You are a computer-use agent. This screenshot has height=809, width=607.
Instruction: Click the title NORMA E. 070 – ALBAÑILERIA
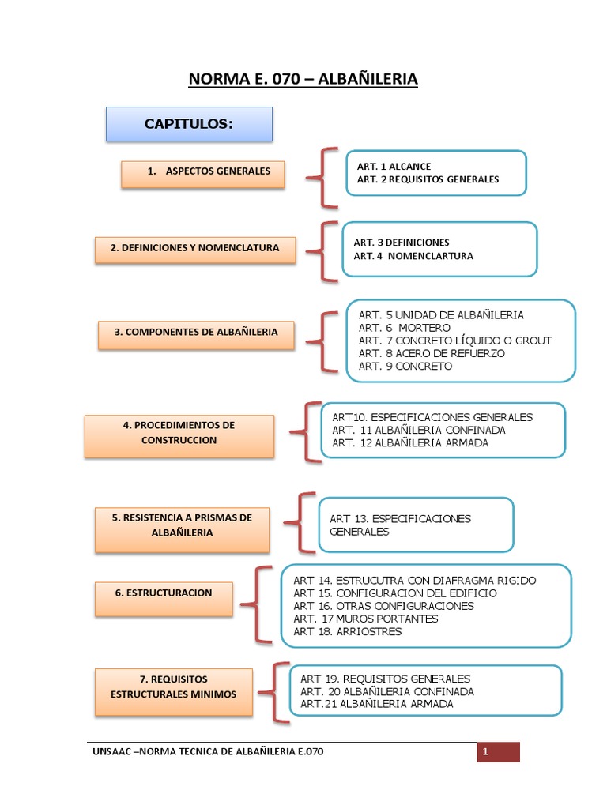coord(303,79)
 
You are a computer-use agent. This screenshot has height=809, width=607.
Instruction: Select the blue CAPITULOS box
coord(189,124)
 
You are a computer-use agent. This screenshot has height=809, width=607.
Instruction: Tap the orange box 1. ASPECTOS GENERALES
coord(202,172)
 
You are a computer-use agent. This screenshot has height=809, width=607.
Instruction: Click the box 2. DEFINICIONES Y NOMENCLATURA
coord(194,248)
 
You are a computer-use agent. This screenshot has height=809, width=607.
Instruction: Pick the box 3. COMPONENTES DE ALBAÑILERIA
coord(196,333)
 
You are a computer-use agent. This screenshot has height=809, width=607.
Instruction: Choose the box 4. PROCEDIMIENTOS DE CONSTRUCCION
coord(179,433)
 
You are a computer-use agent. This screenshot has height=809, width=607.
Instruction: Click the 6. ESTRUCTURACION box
coord(164,593)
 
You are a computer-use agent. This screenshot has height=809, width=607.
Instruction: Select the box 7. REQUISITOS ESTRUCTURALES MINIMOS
coord(174,687)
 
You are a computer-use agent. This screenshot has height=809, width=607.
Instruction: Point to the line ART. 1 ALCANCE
coord(394,167)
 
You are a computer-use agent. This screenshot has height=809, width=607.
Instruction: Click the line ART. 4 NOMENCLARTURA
coord(413,256)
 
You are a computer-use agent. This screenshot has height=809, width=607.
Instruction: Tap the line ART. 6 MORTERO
coord(404,328)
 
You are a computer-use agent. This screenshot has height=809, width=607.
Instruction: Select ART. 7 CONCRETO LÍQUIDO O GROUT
coord(454,341)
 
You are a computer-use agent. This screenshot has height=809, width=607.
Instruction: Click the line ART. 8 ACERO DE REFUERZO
coord(431,353)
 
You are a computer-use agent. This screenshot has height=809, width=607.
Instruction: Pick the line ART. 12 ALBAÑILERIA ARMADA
coord(410,443)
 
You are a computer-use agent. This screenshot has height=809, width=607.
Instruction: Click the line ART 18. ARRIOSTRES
coord(347,632)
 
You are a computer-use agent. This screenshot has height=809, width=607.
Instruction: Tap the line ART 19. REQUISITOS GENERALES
coord(385,679)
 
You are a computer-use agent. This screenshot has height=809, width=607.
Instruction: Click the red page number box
coord(497,751)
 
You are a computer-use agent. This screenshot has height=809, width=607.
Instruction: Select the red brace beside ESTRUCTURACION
coord(251,605)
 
